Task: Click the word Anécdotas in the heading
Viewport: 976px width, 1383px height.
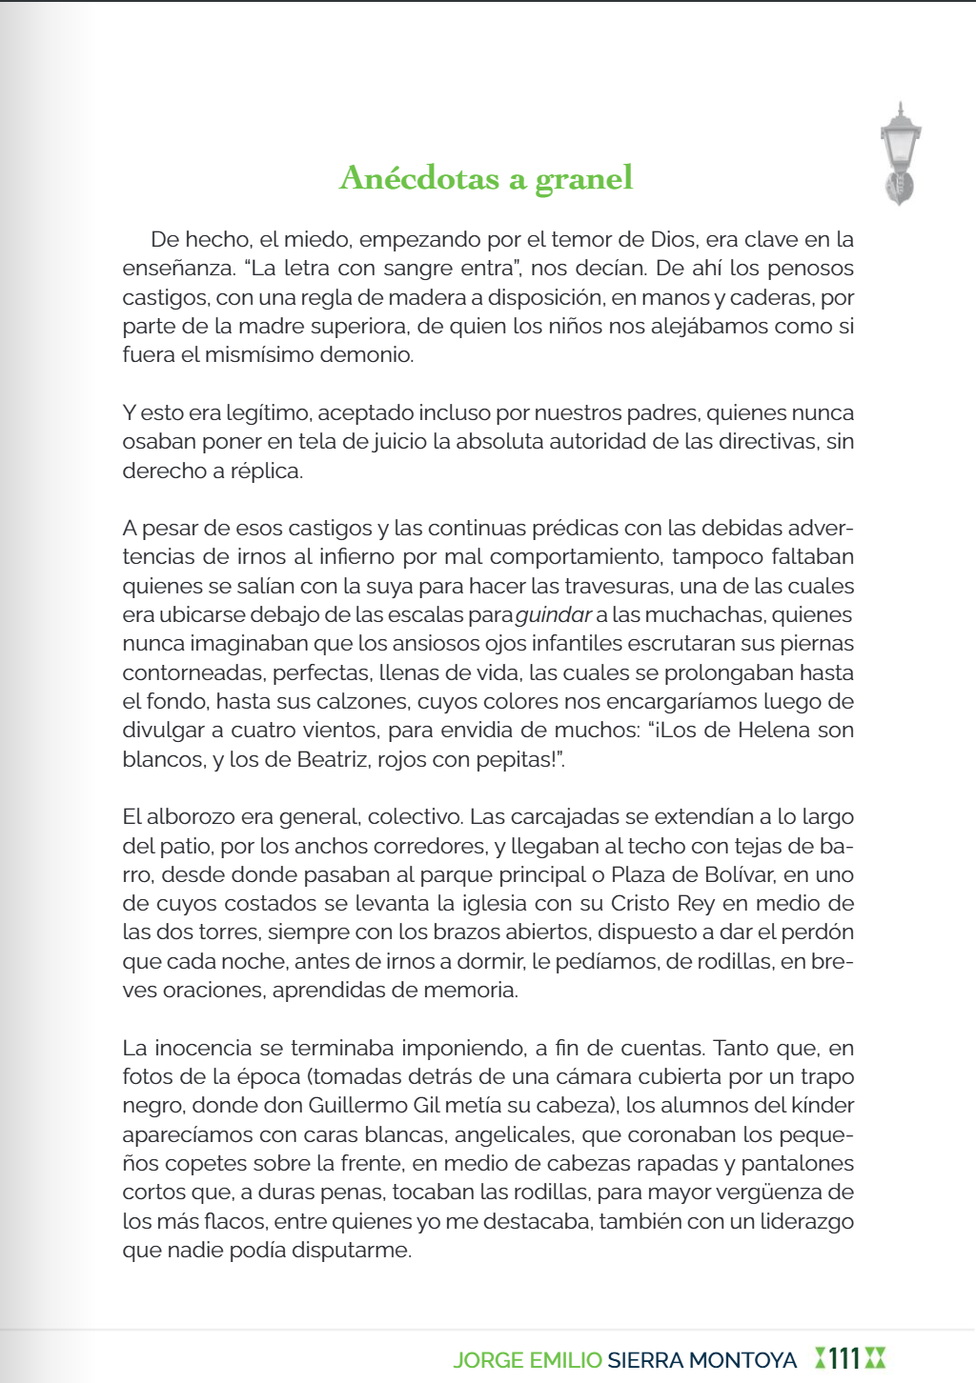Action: (419, 178)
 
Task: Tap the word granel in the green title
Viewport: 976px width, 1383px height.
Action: (583, 179)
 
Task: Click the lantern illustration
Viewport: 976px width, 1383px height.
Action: (899, 153)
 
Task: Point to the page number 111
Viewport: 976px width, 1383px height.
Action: (844, 1358)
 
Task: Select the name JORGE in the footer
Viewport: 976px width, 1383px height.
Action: (487, 1360)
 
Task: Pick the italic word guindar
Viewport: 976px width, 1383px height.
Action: (554, 615)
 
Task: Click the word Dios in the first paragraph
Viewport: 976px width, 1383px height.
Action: (673, 240)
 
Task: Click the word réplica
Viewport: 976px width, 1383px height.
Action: (266, 471)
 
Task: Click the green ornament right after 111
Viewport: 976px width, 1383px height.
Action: (875, 1358)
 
